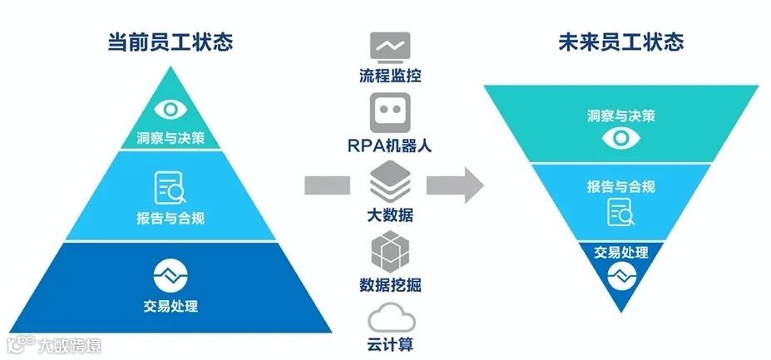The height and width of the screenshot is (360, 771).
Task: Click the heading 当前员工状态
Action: coord(170,42)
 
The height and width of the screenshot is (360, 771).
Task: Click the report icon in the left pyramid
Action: coord(170,187)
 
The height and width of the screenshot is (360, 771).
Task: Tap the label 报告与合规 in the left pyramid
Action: coord(170,219)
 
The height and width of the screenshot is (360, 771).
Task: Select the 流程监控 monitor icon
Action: coord(390,47)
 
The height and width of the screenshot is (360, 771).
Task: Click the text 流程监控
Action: coord(390,77)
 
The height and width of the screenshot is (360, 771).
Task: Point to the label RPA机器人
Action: coord(390,145)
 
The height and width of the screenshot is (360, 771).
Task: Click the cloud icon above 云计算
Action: coord(390,318)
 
